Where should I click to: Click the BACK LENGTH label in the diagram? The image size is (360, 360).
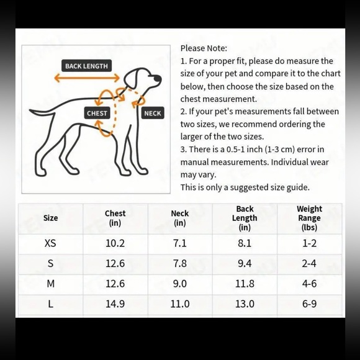tap(86, 66)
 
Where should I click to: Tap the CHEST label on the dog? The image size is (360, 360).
tap(97, 113)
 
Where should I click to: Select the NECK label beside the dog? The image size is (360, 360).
tap(152, 113)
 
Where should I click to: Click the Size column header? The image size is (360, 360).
tap(50, 218)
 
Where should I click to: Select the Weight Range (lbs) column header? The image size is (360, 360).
tap(309, 218)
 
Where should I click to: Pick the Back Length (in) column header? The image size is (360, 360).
tap(245, 218)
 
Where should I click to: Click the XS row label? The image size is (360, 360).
tap(50, 243)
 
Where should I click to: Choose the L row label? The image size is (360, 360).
tap(50, 304)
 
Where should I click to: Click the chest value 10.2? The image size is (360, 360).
tap(115, 243)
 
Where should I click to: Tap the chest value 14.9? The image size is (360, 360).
tap(115, 304)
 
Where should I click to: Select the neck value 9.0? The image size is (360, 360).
tap(180, 284)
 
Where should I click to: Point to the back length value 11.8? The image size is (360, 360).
tap(245, 284)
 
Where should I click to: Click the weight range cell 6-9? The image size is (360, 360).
tap(309, 304)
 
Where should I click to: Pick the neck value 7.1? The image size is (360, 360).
tap(180, 243)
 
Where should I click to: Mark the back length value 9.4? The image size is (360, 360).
tap(245, 264)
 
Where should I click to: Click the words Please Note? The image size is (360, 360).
tap(204, 48)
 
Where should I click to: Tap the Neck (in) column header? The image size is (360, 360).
tap(180, 218)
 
